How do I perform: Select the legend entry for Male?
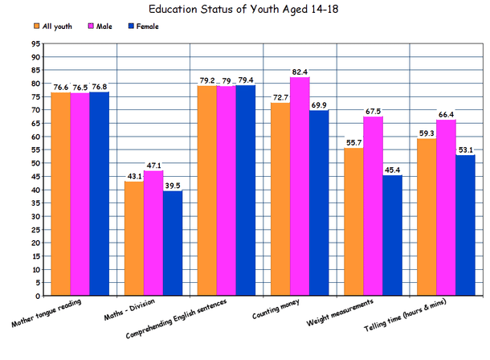click(102, 26)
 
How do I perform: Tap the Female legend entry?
click(146, 26)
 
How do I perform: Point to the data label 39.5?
click(172, 185)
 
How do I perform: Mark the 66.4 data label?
click(446, 114)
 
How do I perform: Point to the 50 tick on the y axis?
click(35, 163)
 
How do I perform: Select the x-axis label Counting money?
click(280, 314)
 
